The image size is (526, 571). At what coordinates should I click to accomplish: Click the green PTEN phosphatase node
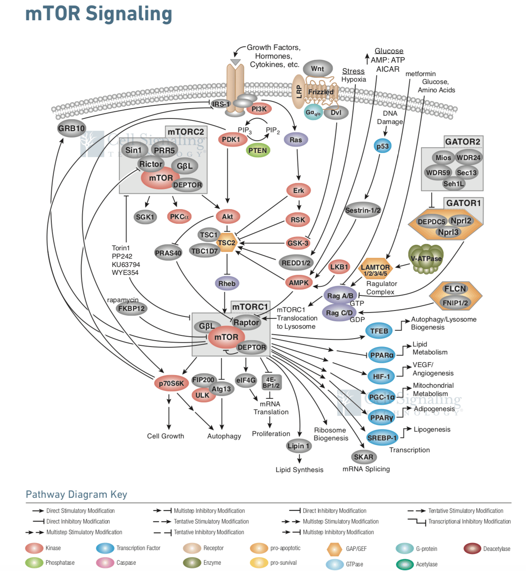(x=258, y=150)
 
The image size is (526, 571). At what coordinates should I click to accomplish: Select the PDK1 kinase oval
(x=232, y=139)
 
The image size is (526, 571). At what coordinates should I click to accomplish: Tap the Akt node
(x=227, y=217)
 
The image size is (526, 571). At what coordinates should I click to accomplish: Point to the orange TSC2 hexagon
(x=227, y=243)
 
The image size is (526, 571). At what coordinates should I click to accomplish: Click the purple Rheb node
(x=227, y=284)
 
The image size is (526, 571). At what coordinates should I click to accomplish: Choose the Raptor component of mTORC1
(x=246, y=322)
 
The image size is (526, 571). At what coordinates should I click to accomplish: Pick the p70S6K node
(x=171, y=383)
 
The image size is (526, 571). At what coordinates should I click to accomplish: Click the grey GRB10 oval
(x=71, y=128)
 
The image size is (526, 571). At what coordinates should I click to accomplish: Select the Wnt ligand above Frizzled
(x=317, y=69)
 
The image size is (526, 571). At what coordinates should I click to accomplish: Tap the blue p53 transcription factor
(x=382, y=146)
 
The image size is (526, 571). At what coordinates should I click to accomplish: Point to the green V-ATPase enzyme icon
(x=426, y=259)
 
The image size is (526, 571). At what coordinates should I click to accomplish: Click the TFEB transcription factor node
(x=379, y=331)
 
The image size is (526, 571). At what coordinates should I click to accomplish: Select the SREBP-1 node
(x=382, y=438)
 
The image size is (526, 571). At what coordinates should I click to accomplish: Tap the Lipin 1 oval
(x=298, y=446)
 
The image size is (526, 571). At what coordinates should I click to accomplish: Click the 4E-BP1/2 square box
(x=271, y=383)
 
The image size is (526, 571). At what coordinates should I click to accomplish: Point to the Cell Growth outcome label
(x=165, y=436)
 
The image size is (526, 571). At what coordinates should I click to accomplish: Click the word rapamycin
(x=123, y=300)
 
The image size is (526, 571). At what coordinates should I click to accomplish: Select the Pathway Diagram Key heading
(x=76, y=494)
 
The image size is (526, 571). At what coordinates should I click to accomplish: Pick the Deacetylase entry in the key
(x=496, y=549)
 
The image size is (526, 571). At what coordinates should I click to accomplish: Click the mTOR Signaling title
(x=99, y=13)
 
